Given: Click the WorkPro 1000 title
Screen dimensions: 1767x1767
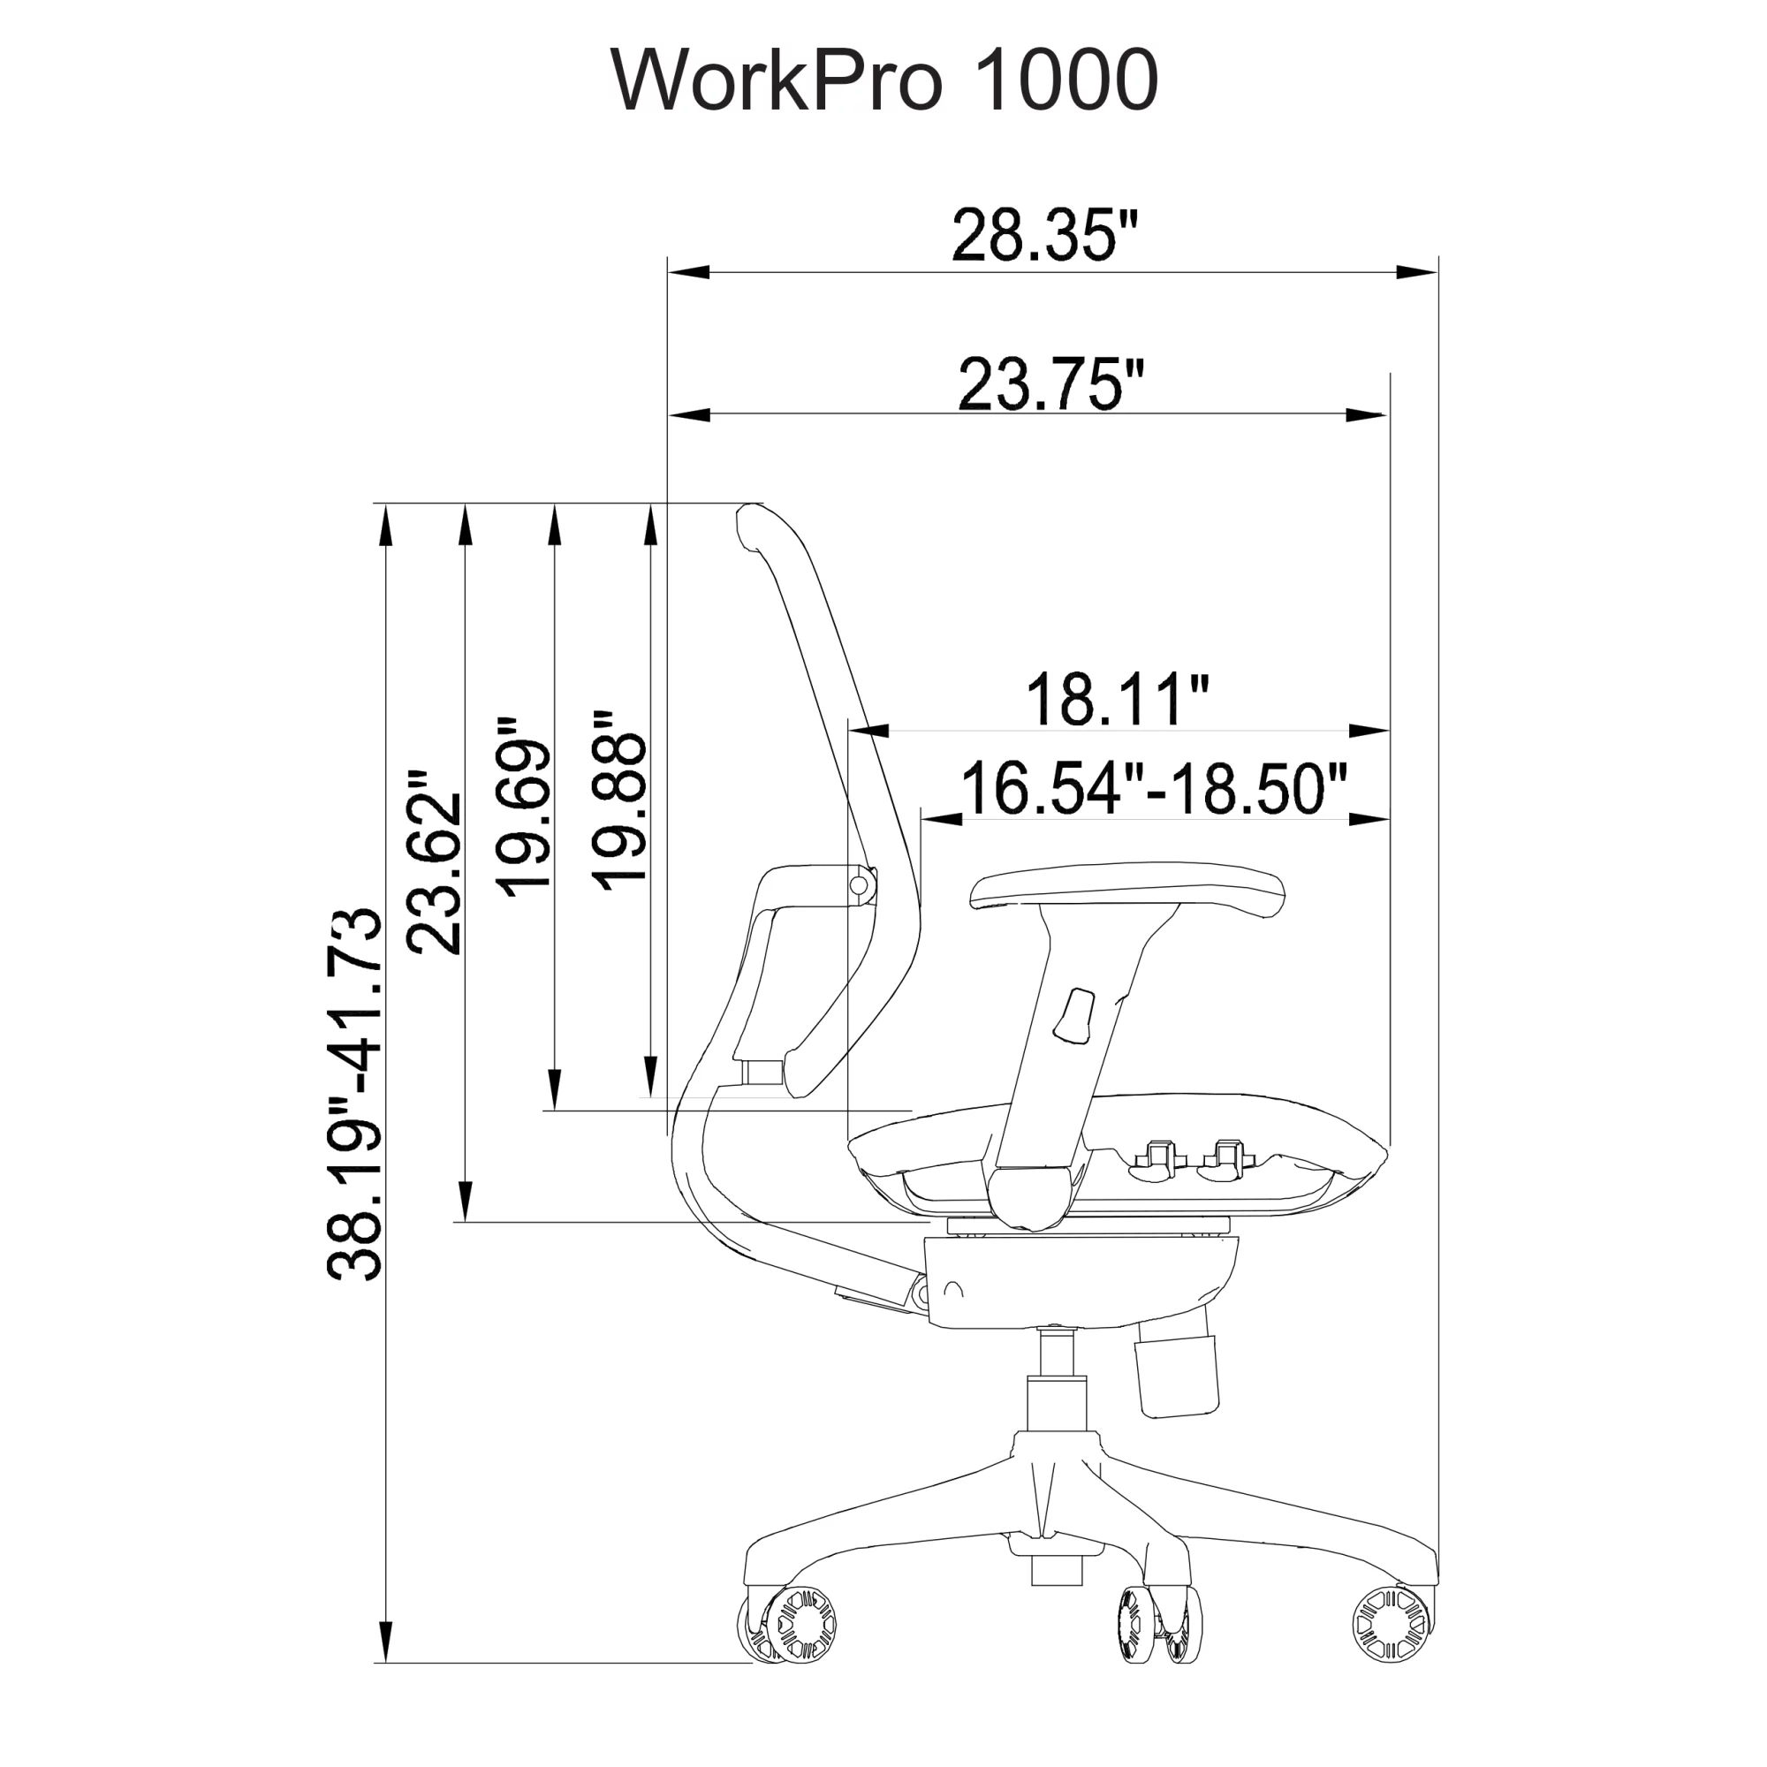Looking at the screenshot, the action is coord(883,80).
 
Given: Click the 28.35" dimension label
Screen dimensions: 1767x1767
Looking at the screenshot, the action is coord(1045,235).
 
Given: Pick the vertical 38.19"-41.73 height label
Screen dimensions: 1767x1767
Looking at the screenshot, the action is coord(353,1094).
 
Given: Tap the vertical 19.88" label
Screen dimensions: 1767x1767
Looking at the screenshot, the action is coord(618,799).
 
